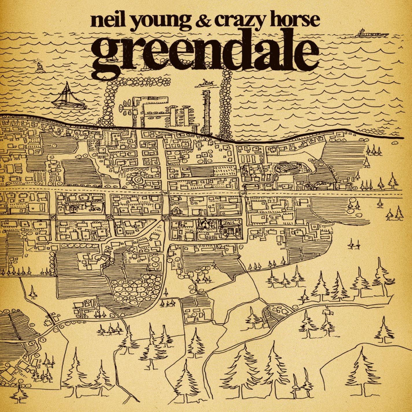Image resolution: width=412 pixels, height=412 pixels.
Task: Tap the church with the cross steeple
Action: pyautogui.click(x=205, y=225)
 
